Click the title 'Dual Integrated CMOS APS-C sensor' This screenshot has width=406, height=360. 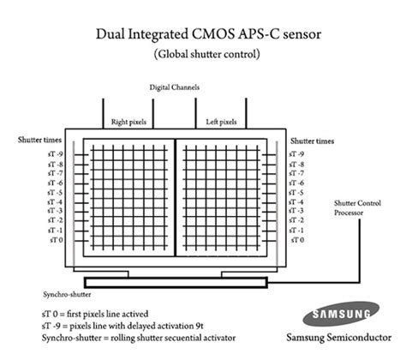(x=203, y=35)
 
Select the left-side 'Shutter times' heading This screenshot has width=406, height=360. (x=37, y=140)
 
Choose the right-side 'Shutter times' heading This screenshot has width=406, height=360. (x=312, y=140)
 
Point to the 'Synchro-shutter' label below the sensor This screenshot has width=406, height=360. (x=44, y=290)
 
